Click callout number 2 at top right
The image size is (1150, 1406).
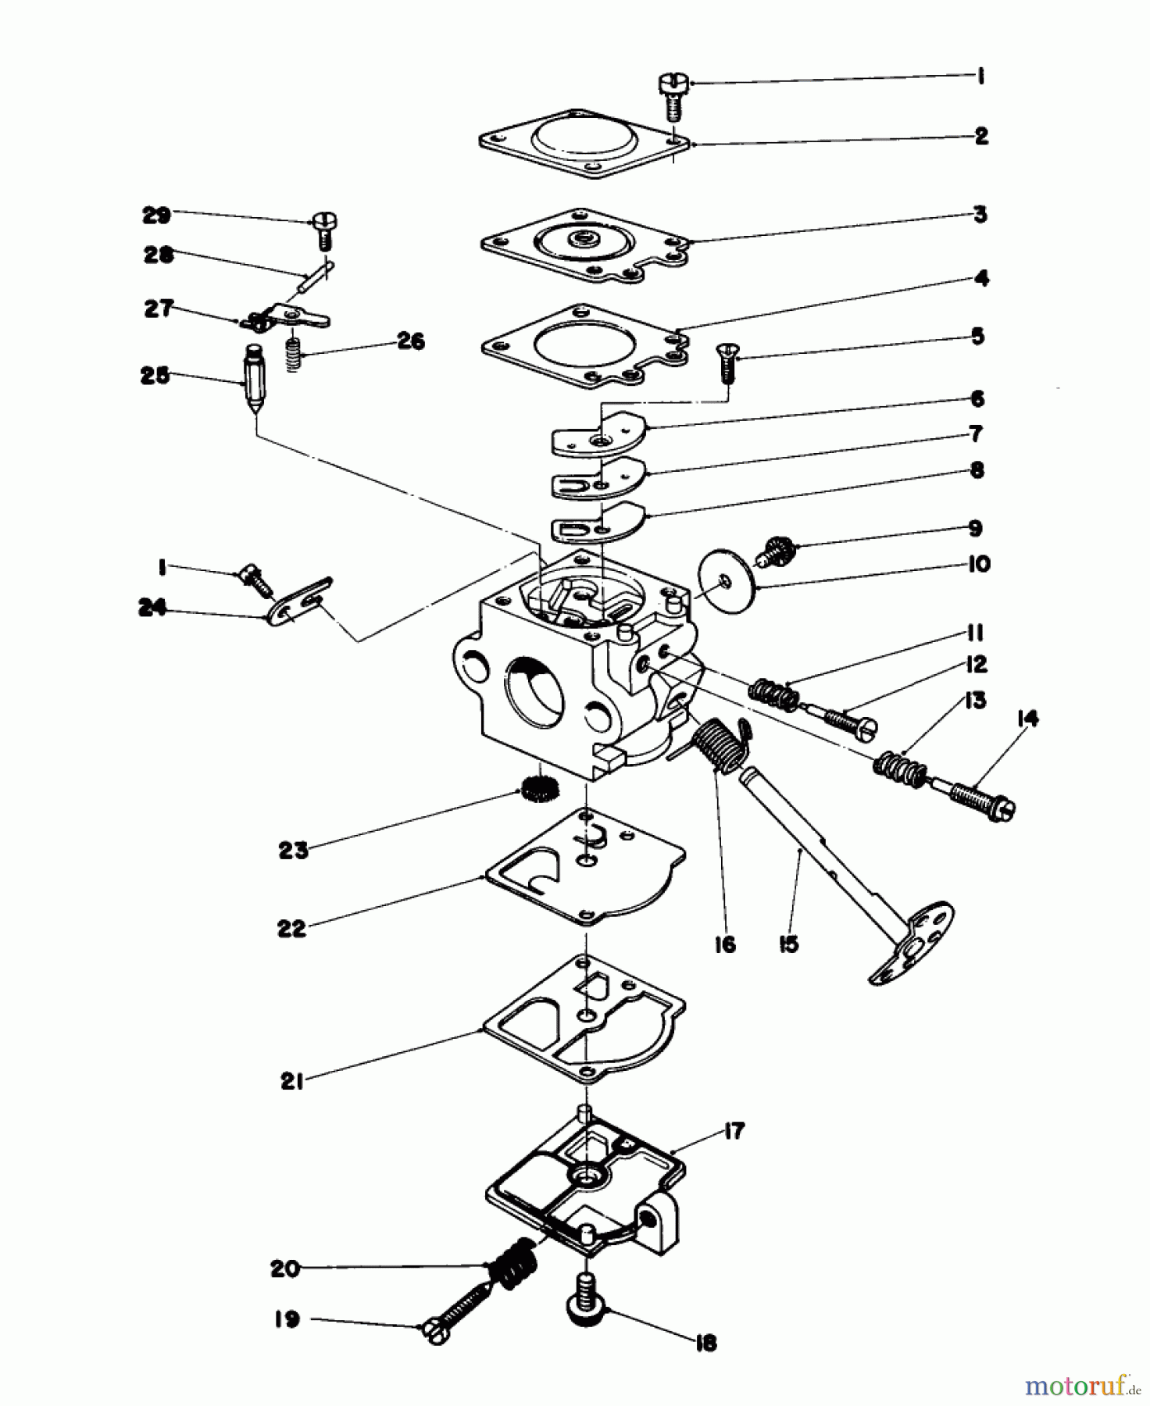pos(981,136)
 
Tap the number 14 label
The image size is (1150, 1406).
pos(1028,719)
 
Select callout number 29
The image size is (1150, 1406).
pos(156,215)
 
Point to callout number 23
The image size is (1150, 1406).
pos(294,850)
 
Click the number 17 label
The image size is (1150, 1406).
pos(734,1130)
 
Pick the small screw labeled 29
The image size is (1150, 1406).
pos(324,228)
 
